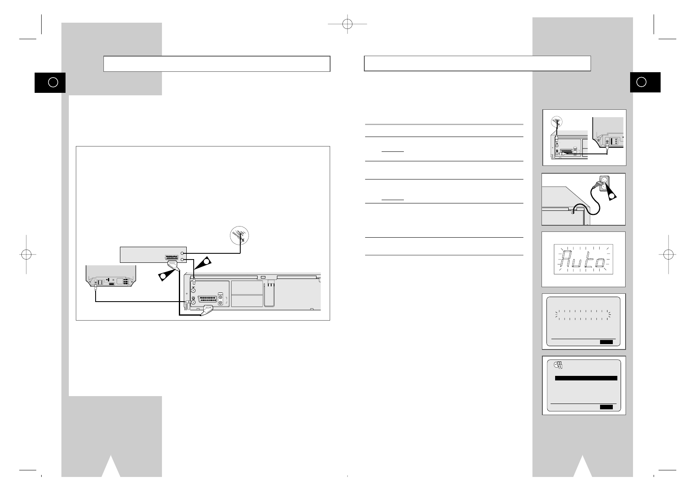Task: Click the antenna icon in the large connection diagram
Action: point(239,236)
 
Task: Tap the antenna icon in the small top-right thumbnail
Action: point(557,122)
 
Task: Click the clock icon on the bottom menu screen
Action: point(558,365)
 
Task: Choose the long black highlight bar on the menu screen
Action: point(586,378)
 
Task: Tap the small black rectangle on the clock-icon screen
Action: point(606,407)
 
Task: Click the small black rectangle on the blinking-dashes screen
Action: point(606,342)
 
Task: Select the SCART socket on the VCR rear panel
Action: point(208,299)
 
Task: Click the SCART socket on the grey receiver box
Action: point(171,258)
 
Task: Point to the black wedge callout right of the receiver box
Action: point(203,262)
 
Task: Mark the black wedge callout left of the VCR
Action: point(166,275)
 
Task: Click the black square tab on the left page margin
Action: point(50,83)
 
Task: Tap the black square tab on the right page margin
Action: point(645,82)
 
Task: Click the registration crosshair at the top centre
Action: point(347,24)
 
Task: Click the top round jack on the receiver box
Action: point(182,253)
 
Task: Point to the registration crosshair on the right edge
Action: point(668,254)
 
